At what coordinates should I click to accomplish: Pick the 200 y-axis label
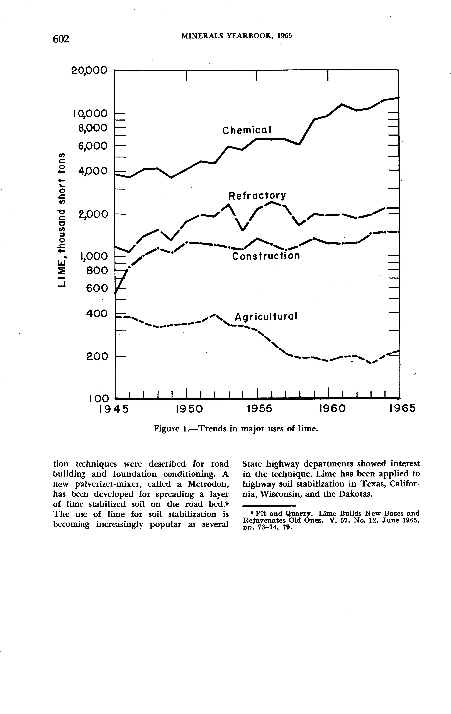[x=96, y=356]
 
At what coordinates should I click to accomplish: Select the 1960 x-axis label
[x=332, y=409]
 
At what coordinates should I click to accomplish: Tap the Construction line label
[x=266, y=256]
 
